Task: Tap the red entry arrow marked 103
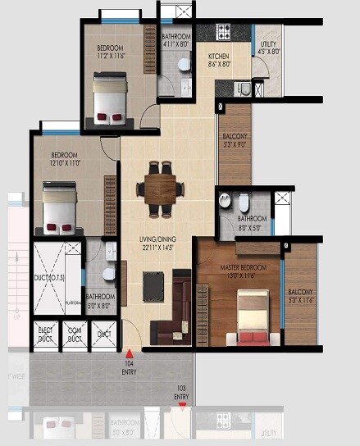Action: click(x=182, y=403)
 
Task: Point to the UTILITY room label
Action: click(x=268, y=48)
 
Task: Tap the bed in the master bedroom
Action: click(x=253, y=317)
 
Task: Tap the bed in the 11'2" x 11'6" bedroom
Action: click(x=111, y=95)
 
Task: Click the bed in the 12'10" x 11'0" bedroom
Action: click(x=59, y=208)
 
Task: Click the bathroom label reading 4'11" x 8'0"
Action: click(x=175, y=41)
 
